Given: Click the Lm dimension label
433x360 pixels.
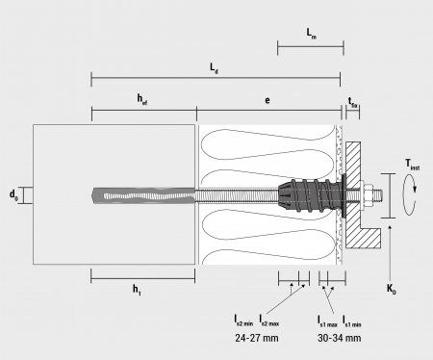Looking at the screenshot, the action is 311,34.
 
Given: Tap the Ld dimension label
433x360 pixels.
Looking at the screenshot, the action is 214,68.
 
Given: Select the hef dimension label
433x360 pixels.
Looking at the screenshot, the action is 142,99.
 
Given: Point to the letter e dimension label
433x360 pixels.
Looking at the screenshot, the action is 267,100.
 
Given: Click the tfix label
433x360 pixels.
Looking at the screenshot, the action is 353,102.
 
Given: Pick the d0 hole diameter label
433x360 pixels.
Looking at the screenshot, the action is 13,194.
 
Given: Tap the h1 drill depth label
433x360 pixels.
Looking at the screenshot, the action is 137,290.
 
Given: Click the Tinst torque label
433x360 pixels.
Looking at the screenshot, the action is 412,165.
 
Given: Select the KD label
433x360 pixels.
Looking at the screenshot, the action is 392,289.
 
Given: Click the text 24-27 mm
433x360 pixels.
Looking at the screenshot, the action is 257,338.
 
